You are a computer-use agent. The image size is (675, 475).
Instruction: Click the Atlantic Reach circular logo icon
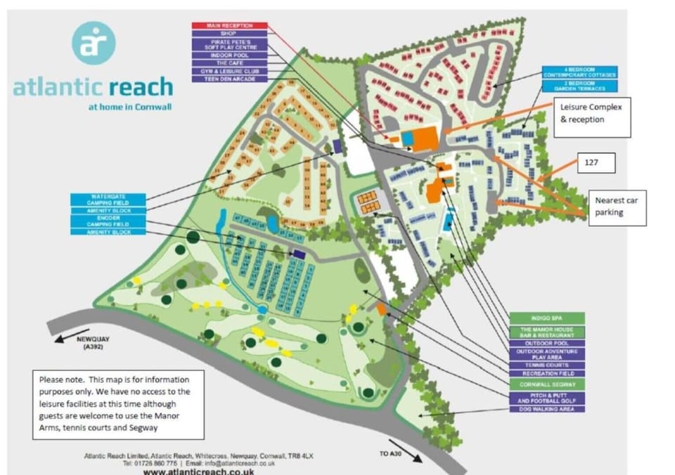(93, 42)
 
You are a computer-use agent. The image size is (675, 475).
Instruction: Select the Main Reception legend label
(229, 25)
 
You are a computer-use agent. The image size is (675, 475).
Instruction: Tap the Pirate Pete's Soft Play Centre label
(229, 44)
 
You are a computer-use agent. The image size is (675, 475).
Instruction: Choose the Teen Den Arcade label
(229, 79)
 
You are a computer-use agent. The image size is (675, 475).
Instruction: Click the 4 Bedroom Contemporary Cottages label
(579, 73)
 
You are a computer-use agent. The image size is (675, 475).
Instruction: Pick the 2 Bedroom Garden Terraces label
(579, 86)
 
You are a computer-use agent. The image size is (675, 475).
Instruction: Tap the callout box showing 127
(596, 163)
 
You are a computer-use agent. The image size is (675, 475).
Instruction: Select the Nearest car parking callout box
(617, 206)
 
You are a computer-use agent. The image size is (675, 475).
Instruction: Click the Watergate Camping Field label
(108, 200)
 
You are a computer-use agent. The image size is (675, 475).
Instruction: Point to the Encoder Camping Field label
(108, 221)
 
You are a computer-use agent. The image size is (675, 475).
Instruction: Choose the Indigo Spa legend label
(547, 318)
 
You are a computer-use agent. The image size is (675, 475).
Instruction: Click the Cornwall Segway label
(547, 385)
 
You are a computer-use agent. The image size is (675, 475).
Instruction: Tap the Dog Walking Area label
(547, 409)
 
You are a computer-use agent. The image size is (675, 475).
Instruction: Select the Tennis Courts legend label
(547, 365)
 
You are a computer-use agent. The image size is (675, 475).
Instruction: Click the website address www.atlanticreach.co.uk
(199, 471)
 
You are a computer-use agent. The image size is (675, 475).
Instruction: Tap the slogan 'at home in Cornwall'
(130, 108)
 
